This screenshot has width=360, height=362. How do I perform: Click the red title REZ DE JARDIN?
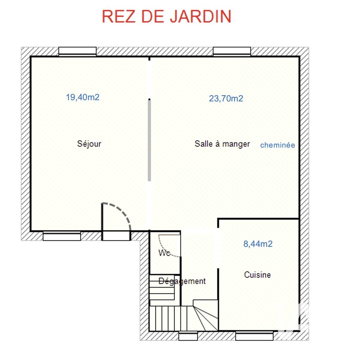click(167, 16)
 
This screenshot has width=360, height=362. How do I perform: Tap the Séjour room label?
click(89, 144)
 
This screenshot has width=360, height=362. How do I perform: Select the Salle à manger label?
click(222, 144)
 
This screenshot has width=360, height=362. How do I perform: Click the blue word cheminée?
click(277, 145)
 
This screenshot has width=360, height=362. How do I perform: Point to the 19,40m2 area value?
click(82, 97)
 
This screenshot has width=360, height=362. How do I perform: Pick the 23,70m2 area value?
click(226, 99)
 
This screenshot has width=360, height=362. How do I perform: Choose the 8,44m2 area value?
click(258, 244)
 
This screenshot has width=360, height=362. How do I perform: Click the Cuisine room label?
click(257, 275)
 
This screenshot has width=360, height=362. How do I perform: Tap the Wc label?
click(164, 253)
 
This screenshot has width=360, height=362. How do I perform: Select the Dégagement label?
click(182, 281)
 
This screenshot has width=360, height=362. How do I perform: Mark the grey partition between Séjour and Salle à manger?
click(149, 140)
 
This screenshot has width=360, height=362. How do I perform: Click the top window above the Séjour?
click(77, 51)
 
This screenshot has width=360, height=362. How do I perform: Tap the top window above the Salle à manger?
click(232, 51)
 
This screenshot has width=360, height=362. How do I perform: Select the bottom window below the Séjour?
click(62, 236)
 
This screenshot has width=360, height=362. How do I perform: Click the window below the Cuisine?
click(254, 336)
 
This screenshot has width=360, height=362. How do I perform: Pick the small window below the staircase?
click(188, 336)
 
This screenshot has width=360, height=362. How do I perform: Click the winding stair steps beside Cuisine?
click(206, 316)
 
